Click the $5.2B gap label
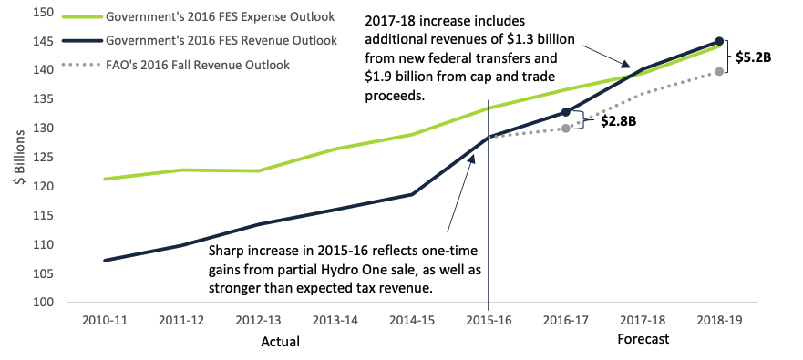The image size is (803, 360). (753, 57)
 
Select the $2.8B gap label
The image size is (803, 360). (619, 122)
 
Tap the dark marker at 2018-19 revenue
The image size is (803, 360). (719, 41)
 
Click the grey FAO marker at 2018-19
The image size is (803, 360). (719, 71)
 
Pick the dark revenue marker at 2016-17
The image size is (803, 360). (565, 111)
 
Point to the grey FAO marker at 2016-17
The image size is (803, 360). (565, 128)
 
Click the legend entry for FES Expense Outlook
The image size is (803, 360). (198, 17)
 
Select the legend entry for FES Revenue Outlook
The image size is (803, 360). (200, 40)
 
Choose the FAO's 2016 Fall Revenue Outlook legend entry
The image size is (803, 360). (176, 65)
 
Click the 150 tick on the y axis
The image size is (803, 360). (45, 12)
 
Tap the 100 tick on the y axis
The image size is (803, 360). (45, 303)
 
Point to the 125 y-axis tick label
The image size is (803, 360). (45, 157)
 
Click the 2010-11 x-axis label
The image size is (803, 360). (105, 320)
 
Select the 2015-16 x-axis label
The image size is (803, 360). (489, 320)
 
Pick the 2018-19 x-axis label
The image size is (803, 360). (719, 320)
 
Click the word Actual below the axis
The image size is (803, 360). (280, 342)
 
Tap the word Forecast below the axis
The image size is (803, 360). (643, 339)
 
